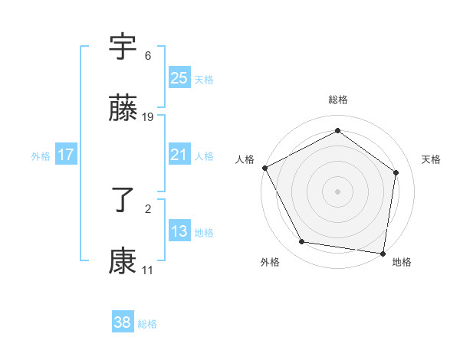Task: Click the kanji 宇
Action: [123, 48]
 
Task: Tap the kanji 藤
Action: [123, 110]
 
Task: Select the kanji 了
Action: [123, 201]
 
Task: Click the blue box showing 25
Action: [179, 78]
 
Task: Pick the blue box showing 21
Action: [179, 155]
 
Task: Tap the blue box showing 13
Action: [179, 231]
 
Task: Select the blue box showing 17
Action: [66, 155]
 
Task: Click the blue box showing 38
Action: [122, 322]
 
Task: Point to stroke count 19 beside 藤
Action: [148, 117]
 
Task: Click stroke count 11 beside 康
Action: [148, 270]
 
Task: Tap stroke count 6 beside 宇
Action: [147, 56]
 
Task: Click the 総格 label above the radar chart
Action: [338, 100]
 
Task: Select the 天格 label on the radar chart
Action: [431, 159]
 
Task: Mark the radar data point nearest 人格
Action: [264, 168]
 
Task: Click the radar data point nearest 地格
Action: [383, 253]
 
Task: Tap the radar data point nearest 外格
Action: [302, 243]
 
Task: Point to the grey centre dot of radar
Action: [338, 191]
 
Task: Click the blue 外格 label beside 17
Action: [41, 155]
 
